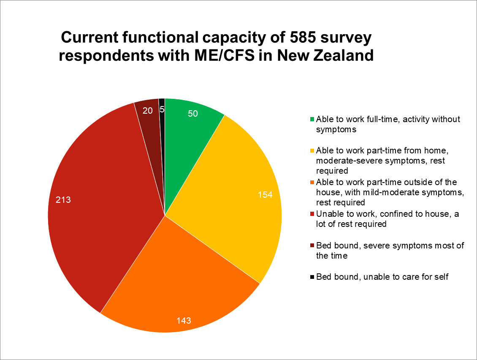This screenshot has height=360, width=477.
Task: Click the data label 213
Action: (63, 200)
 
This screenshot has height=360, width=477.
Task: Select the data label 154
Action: (265, 195)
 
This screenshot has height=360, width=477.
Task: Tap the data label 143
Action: (184, 320)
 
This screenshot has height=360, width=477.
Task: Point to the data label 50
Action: (193, 114)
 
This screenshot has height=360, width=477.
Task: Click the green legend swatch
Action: (312, 119)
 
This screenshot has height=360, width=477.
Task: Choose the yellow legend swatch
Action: (312, 151)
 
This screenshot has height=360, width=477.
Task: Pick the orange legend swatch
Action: (312, 183)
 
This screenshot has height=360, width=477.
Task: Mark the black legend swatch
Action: (312, 277)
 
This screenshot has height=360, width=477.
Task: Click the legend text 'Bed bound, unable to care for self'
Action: (382, 277)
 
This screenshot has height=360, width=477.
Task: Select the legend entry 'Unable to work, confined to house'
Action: (388, 219)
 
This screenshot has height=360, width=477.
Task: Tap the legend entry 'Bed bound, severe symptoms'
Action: (390, 251)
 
